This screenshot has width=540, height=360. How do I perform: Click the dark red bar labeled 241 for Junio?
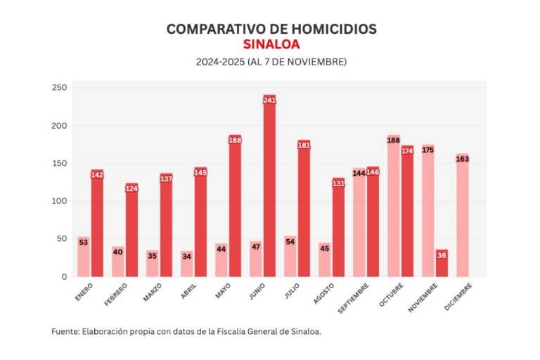[269, 186]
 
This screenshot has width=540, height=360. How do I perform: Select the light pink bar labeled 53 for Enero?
[83, 257]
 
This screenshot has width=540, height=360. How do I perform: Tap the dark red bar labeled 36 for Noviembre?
[442, 264]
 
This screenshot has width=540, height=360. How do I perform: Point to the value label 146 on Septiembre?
[373, 172]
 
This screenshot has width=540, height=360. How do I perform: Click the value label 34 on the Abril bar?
[186, 256]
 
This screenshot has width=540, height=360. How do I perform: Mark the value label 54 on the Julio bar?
[290, 241]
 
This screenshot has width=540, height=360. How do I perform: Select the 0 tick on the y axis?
[63, 277]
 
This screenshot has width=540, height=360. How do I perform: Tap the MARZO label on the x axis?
[153, 290]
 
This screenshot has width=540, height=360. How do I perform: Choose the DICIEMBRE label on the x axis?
[459, 295]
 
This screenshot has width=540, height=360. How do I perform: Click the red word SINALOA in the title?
[271, 44]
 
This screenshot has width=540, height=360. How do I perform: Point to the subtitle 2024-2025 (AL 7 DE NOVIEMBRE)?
[271, 62]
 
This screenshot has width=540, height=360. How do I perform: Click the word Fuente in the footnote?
[65, 331]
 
